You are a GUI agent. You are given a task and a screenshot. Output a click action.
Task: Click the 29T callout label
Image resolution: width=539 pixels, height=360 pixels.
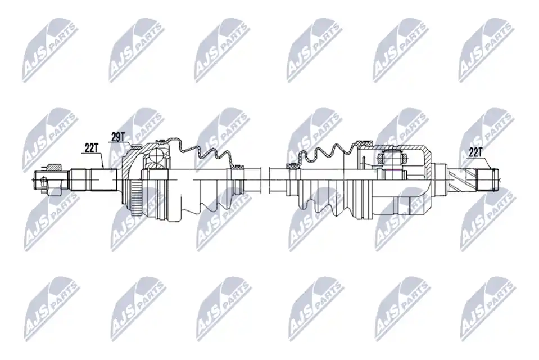point(117,137)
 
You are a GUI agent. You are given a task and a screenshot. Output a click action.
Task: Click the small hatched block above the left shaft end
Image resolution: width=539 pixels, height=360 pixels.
point(53,168)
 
